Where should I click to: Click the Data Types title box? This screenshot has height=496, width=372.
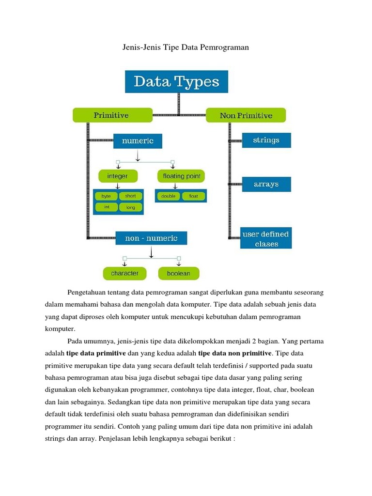tap(176, 81)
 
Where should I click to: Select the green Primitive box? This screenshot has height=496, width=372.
tap(111, 115)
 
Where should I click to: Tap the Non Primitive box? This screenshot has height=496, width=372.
tap(246, 115)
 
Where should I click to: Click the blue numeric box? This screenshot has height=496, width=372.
tap(138, 141)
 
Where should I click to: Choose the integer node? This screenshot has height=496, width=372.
tap(117, 175)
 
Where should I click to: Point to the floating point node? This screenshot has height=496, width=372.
tap(181, 175)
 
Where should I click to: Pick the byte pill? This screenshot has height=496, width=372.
tap(106, 196)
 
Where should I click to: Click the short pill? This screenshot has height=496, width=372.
tap(131, 196)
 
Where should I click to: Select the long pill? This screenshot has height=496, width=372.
tap(131, 207)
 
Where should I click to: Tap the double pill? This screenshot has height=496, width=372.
tap(169, 196)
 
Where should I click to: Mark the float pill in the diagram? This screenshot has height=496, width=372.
tap(193, 196)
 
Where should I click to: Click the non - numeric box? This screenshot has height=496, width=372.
tap(151, 238)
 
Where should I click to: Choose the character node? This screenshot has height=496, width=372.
tap(124, 273)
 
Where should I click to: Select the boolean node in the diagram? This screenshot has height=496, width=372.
tap(179, 273)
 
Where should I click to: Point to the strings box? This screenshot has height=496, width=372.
tap(266, 140)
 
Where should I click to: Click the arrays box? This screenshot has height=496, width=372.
tap(266, 184)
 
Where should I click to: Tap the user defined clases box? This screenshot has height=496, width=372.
tap(266, 238)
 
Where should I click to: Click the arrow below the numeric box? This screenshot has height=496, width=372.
tap(138, 155)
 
